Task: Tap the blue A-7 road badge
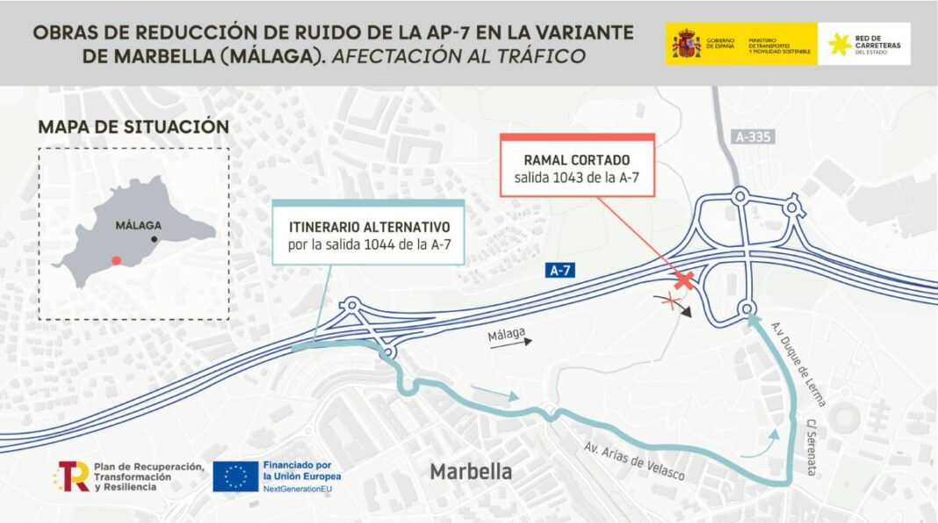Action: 560,271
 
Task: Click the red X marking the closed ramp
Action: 683,280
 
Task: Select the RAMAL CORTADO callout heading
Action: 576,161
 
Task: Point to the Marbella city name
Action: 471,472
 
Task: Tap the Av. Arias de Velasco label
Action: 634,460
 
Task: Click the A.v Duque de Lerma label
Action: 799,362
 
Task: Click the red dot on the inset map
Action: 116,260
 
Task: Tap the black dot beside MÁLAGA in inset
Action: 155,239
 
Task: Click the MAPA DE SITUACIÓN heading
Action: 133,127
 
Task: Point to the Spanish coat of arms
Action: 686,43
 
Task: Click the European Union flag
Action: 235,476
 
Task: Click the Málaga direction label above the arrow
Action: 507,333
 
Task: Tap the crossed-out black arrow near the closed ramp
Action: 676,303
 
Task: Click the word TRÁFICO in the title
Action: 543,55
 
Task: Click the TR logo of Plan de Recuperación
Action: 72,476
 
